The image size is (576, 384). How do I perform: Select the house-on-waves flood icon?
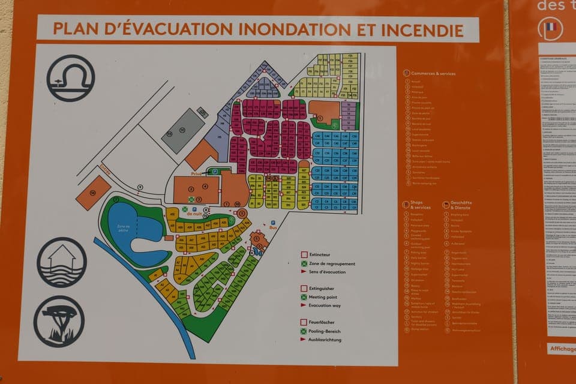(62, 262)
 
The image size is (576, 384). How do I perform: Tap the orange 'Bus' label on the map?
(273, 229)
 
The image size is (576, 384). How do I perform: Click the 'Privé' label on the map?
(196, 173)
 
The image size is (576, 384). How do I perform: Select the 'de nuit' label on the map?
(193, 214)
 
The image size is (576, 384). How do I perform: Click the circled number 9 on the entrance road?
(140, 187)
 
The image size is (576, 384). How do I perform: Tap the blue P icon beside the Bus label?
(273, 222)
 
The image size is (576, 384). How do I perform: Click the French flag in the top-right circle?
(551, 27)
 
